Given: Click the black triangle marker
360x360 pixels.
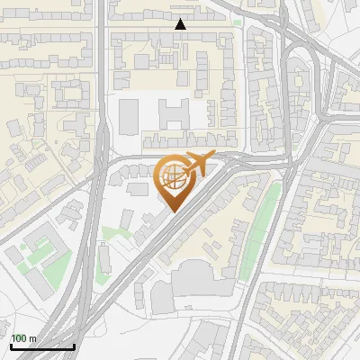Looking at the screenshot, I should coord(181,24).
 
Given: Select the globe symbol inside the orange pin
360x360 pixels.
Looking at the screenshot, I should coord(171,176).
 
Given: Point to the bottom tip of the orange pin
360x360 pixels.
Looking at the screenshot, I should coord(172,211).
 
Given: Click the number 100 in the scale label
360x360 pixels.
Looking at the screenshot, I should coord(21,338).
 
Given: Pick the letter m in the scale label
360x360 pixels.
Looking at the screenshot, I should coord(33,338).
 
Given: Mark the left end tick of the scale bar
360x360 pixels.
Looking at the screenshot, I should coord(11,346).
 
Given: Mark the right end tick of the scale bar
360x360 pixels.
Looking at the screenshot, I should coord(74,346).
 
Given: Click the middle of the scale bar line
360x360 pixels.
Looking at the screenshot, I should coord(42,346).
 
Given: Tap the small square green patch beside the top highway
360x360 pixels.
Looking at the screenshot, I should coord(237,22).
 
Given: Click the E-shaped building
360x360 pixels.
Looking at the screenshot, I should coord(174,113).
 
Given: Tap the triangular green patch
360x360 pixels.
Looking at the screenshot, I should coord(112,236).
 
